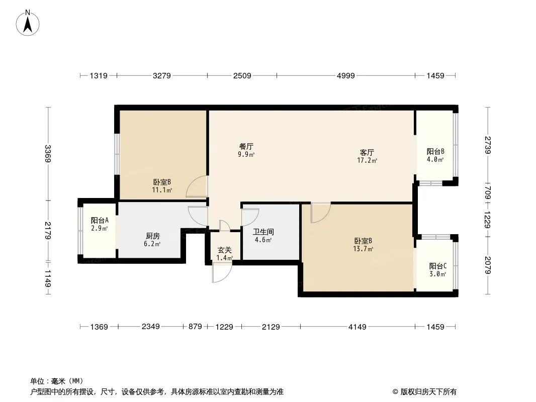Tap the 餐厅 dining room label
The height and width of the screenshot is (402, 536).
point(246,147)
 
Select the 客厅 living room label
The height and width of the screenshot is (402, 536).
point(367,152)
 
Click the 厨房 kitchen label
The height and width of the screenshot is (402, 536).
point(152,236)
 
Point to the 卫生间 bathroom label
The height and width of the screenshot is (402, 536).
point(263,232)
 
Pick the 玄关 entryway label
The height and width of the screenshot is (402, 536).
point(225,250)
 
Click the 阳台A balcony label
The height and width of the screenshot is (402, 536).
point(100,220)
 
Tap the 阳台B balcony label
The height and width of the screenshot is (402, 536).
point(435,151)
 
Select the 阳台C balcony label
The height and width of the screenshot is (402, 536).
point(438,266)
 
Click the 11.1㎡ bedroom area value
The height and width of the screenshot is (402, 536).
point(162,190)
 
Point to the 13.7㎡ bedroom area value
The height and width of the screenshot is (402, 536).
point(363,249)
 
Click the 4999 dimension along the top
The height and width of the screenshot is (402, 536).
point(346,75)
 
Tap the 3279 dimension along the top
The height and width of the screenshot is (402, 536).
point(162,75)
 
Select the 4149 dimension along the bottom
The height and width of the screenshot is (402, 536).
point(357,327)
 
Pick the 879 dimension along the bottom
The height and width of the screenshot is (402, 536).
point(195,327)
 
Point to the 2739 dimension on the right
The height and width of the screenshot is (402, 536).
point(488,145)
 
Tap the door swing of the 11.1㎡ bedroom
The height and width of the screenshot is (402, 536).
point(197,186)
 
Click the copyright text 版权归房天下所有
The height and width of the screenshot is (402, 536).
point(428,392)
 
